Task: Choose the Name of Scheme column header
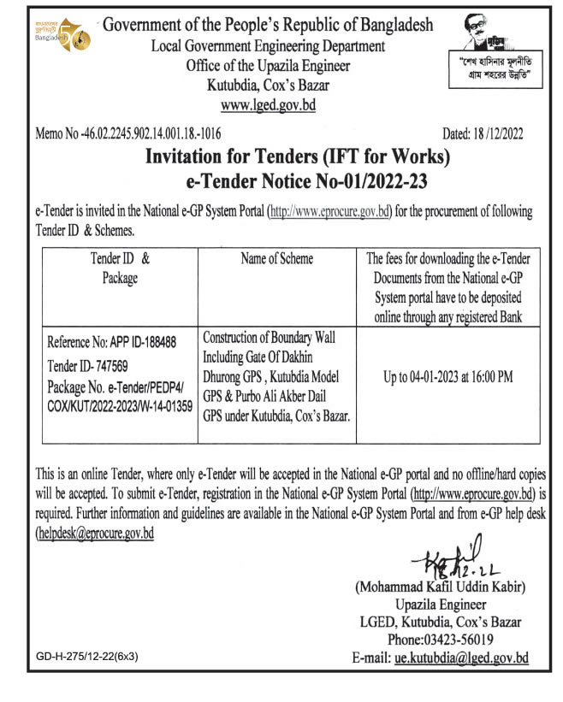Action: point(276,258)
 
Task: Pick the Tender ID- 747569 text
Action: point(94,363)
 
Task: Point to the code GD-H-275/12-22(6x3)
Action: point(87,657)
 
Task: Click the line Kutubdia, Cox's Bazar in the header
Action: point(268,86)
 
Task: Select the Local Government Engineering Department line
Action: point(268,46)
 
